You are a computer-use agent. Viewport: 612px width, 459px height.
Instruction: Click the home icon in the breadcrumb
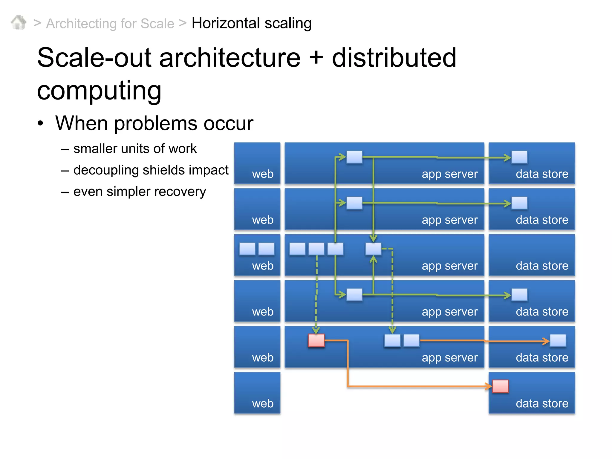tap(19, 23)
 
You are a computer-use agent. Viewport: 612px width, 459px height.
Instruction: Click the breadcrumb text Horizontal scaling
tap(251, 23)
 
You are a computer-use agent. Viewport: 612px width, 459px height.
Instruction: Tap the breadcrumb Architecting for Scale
tap(110, 24)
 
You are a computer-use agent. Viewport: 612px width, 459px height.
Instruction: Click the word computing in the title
tap(99, 90)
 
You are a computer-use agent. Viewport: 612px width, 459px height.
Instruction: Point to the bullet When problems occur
tap(154, 123)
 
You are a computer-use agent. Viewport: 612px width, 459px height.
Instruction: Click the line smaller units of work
tap(135, 149)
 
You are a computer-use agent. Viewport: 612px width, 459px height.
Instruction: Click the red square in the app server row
tap(316, 341)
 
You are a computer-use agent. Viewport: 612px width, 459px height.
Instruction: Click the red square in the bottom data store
tap(500, 386)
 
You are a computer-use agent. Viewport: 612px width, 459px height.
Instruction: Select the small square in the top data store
tap(519, 157)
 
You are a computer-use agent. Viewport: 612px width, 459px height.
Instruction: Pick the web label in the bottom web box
tap(263, 403)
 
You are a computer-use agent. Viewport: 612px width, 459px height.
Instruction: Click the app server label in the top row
tap(449, 174)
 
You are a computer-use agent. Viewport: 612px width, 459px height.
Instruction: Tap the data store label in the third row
tap(542, 266)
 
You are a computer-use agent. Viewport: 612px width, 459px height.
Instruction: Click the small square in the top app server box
tap(354, 157)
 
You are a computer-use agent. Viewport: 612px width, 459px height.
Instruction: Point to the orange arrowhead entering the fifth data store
tap(546, 341)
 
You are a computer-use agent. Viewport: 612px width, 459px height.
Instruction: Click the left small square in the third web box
tap(247, 249)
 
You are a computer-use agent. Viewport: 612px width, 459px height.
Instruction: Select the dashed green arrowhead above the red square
tap(316, 330)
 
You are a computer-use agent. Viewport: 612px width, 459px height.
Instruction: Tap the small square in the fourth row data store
tap(519, 295)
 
